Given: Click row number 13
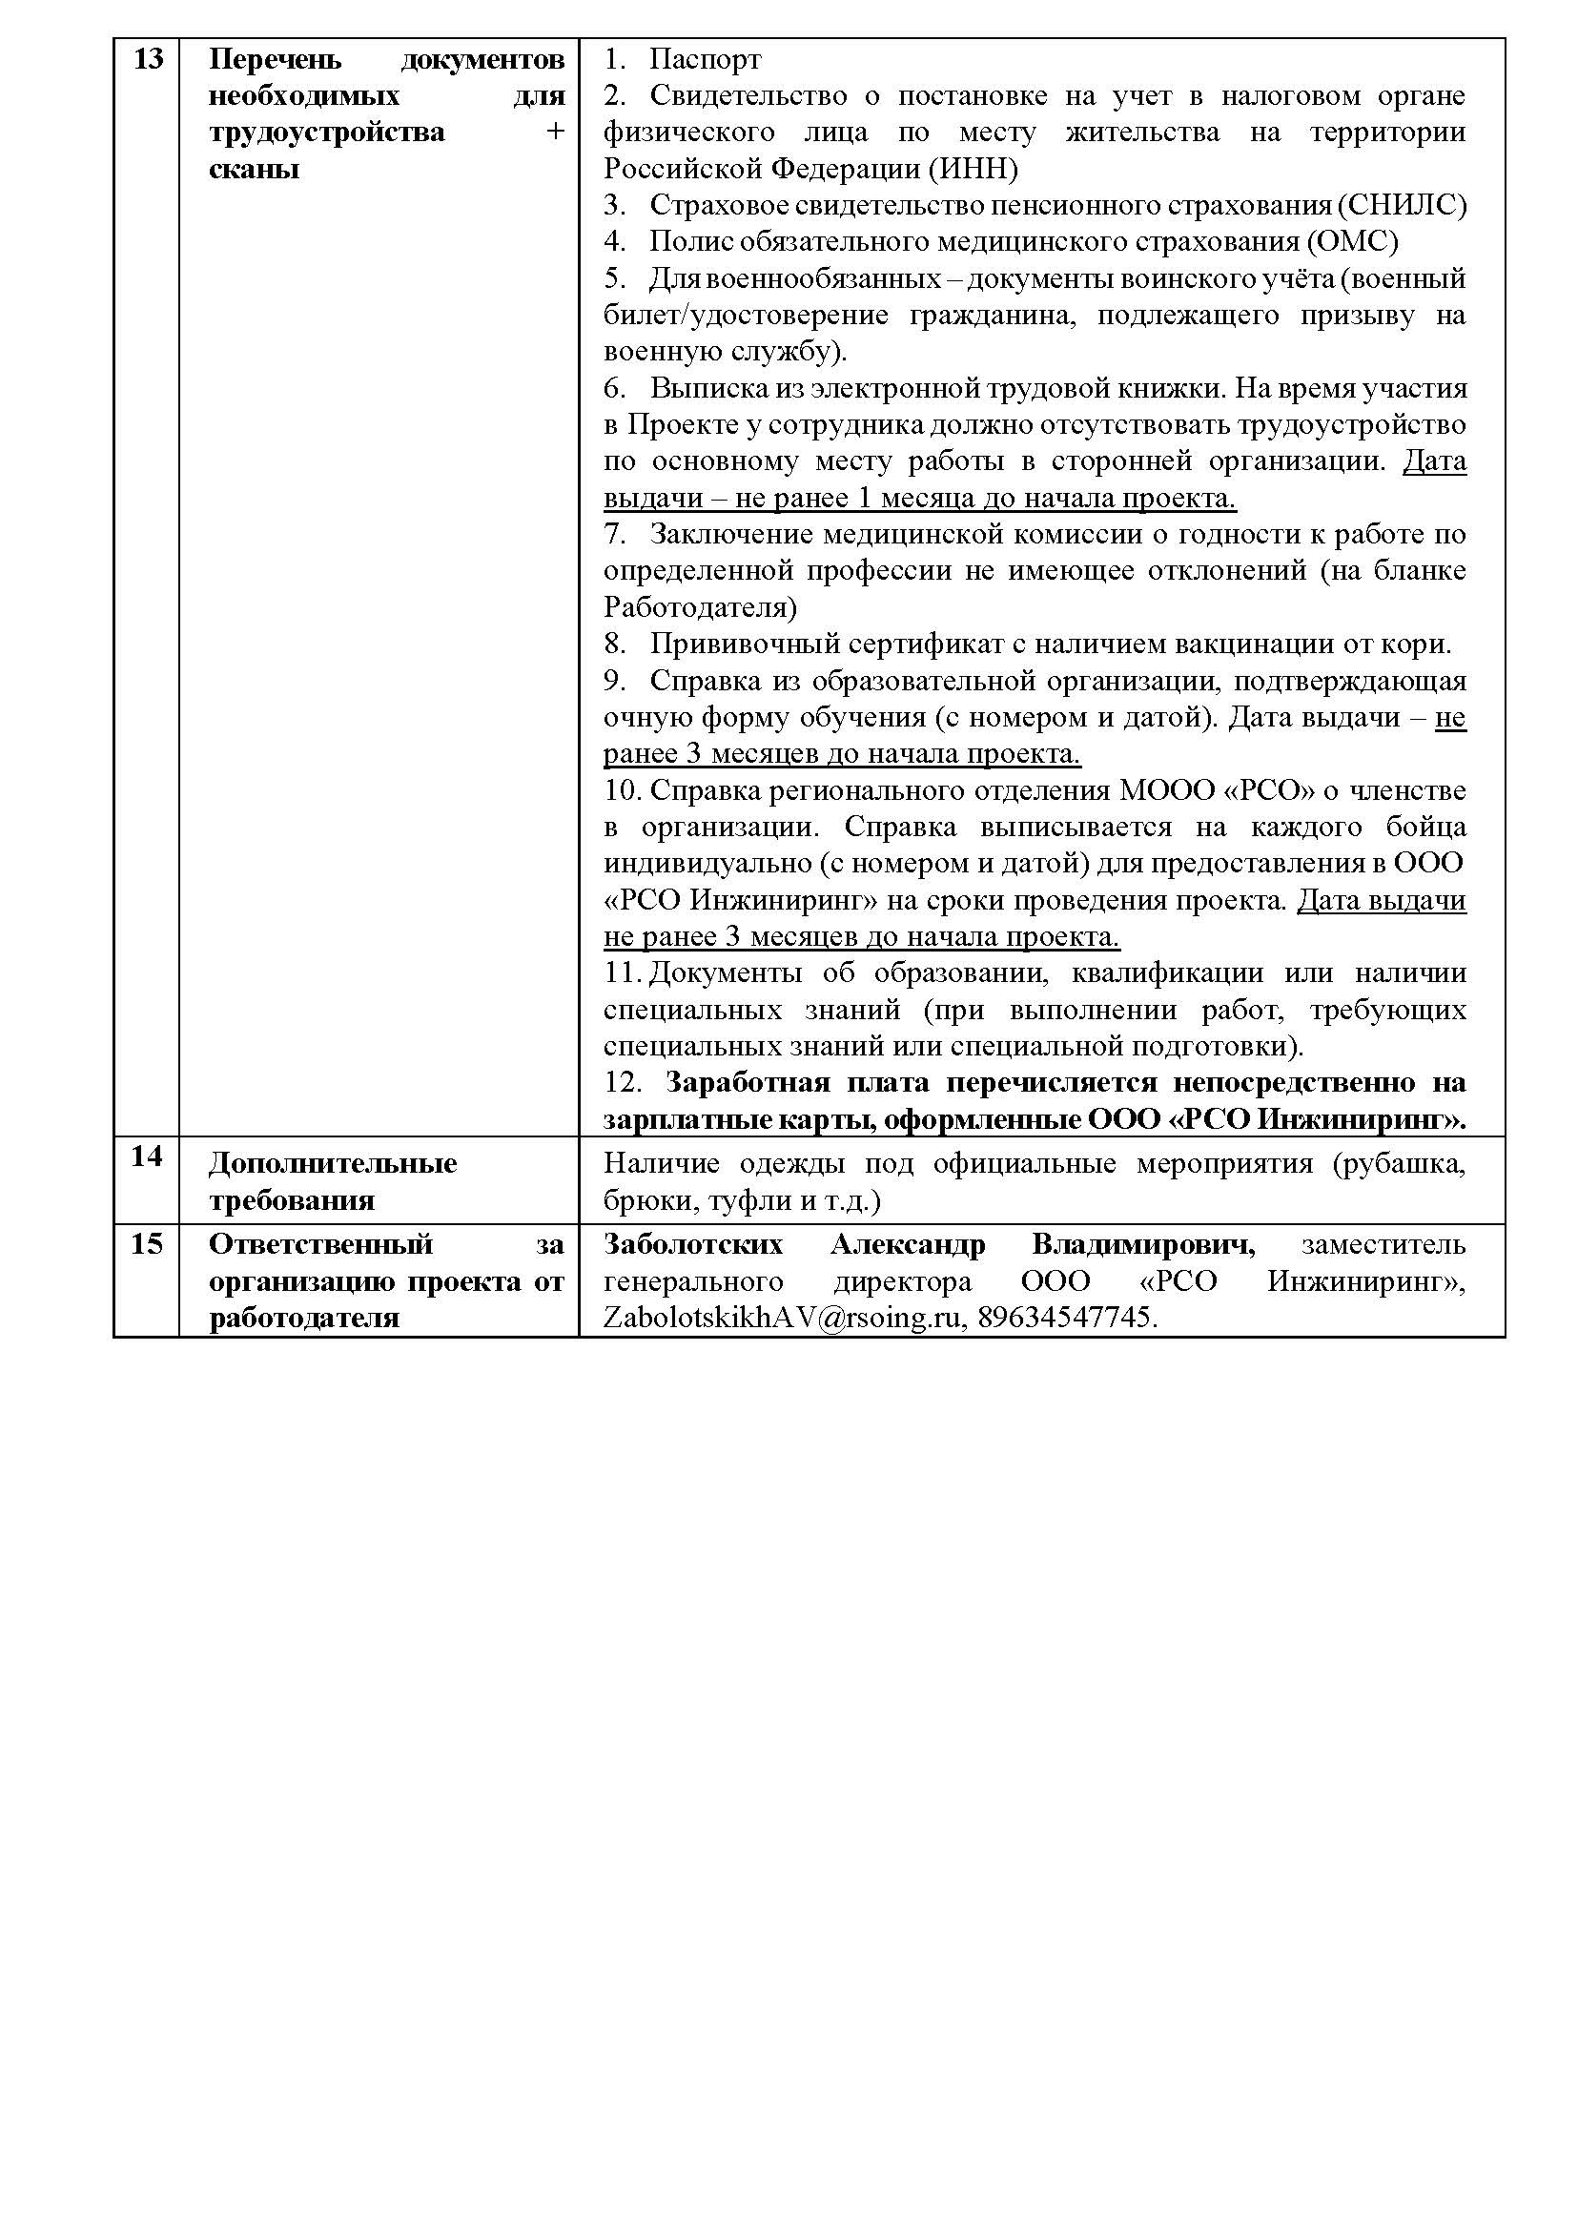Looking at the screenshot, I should [x=147, y=59].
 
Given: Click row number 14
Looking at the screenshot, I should [x=147, y=1156].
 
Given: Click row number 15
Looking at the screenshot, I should [x=147, y=1244].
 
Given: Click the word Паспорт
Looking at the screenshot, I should [x=705, y=60].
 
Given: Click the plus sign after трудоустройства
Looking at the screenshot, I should [x=555, y=133].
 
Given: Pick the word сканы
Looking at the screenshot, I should [x=254, y=169].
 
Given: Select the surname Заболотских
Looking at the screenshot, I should [x=693, y=1245].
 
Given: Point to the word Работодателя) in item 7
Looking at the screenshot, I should [x=700, y=607].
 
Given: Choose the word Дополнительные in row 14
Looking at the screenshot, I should [x=333, y=1163].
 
